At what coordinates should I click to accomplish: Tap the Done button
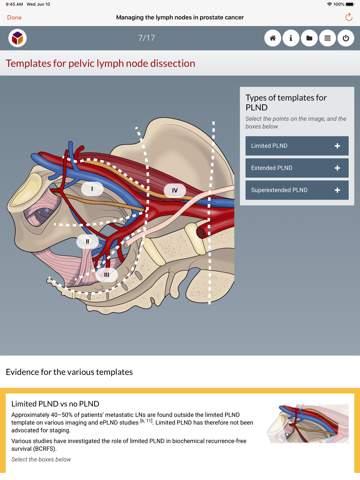click(14, 17)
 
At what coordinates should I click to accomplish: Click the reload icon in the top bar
click(348, 17)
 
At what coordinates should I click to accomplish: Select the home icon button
click(273, 38)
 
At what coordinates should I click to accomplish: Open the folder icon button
click(309, 38)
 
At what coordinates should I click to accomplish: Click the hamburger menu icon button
click(328, 38)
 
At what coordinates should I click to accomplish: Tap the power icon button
click(346, 38)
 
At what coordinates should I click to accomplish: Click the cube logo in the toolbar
click(17, 38)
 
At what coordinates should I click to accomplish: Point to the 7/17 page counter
click(147, 38)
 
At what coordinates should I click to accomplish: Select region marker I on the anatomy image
click(92, 189)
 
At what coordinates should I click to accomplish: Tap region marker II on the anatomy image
click(87, 241)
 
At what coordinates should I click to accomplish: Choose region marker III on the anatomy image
click(107, 275)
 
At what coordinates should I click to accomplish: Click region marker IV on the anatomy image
click(175, 191)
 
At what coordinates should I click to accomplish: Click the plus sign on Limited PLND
click(337, 146)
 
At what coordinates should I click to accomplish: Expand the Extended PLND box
click(297, 168)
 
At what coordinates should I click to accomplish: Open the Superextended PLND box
click(297, 190)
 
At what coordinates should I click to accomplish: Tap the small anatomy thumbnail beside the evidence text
click(308, 424)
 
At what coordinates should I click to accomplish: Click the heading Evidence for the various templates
click(69, 372)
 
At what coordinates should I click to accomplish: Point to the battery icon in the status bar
click(350, 4)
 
